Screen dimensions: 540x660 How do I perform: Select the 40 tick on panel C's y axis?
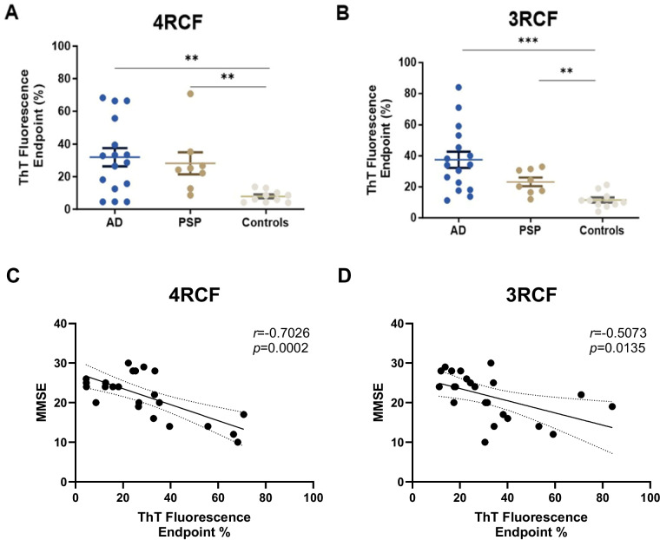tap(57, 324)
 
